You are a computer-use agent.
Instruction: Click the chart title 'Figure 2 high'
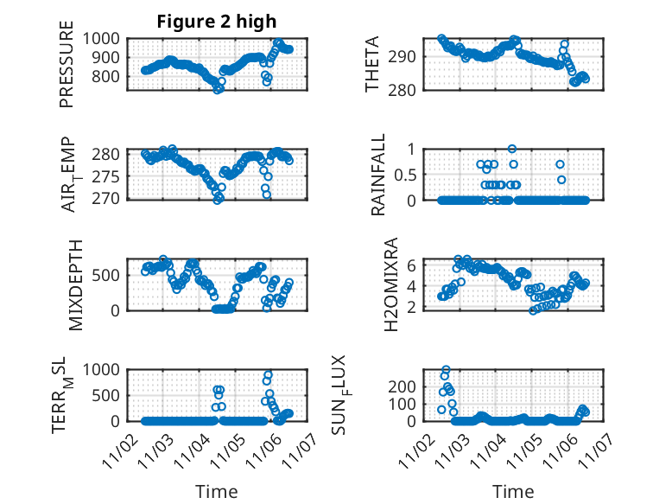pyautogui.click(x=216, y=22)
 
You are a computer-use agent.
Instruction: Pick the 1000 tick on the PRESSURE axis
pyautogui.click(x=105, y=38)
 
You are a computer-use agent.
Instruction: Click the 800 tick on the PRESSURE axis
pyautogui.click(x=110, y=76)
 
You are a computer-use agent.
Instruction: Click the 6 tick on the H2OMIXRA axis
pyautogui.click(x=413, y=265)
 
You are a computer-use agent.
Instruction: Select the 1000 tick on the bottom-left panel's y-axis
pyautogui.click(x=105, y=369)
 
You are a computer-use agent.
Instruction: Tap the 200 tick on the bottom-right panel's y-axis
pyautogui.click(x=406, y=386)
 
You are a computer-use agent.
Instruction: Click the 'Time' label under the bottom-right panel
pyautogui.click(x=513, y=491)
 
